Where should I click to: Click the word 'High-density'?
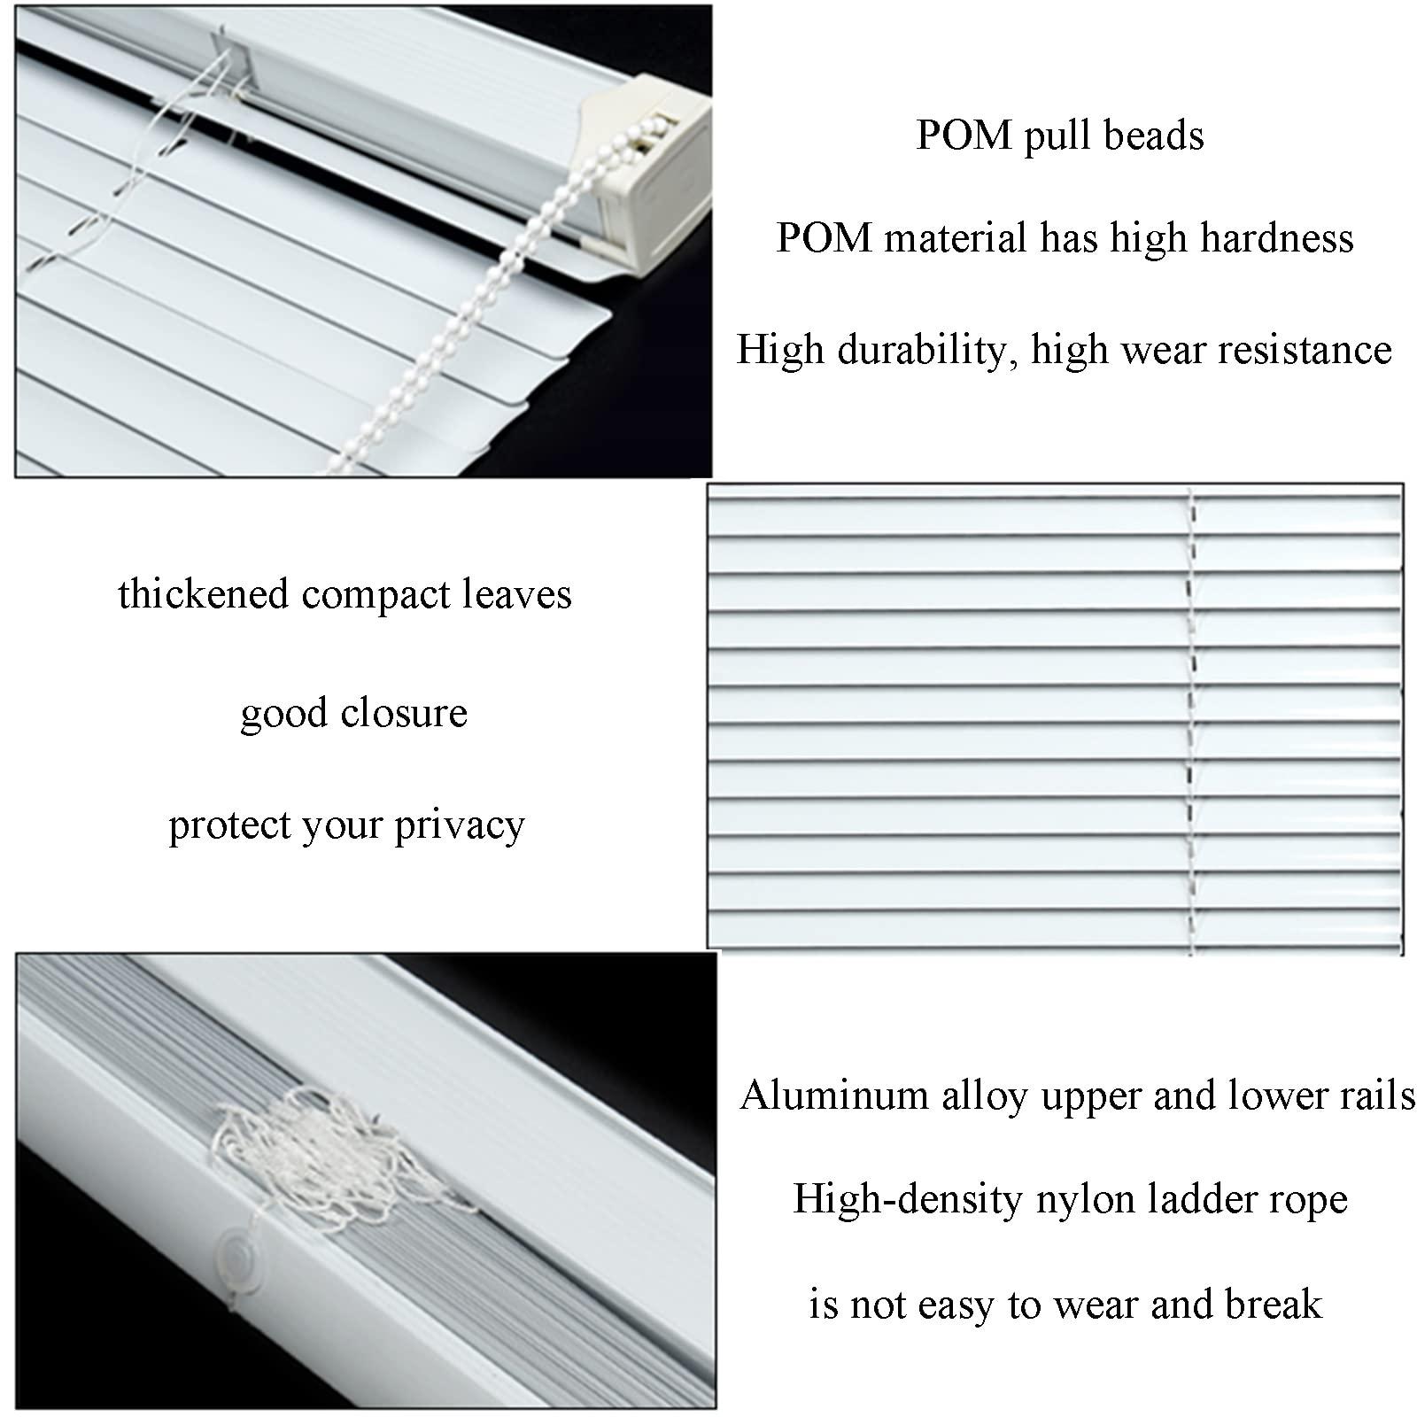(x=908, y=1199)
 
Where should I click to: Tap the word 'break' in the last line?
(x=1274, y=1305)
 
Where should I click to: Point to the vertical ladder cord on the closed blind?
(x=1191, y=717)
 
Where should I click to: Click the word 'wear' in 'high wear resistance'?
(x=1165, y=350)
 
